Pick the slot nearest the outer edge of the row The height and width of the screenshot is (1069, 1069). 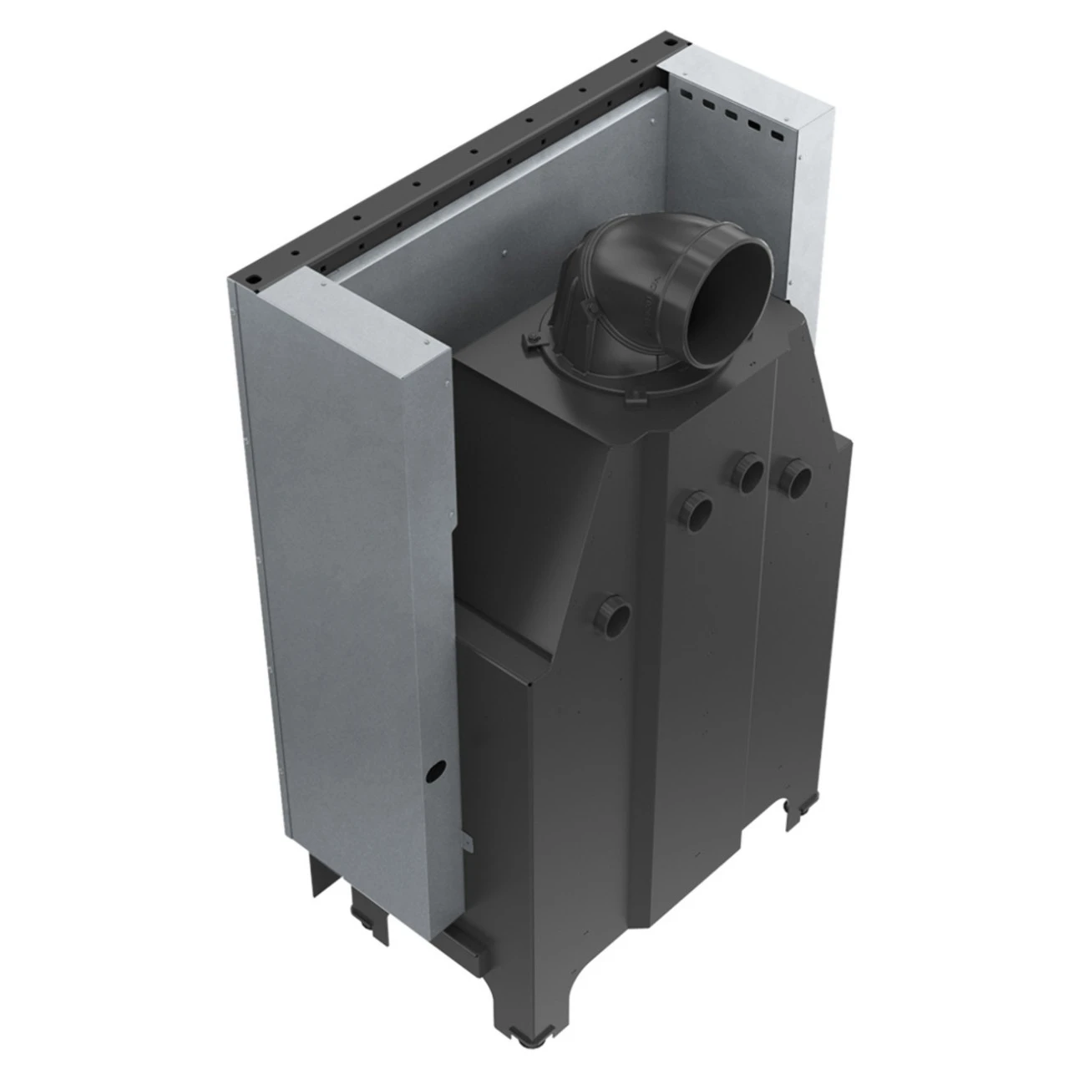778,134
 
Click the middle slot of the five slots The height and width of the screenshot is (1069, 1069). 731,114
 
